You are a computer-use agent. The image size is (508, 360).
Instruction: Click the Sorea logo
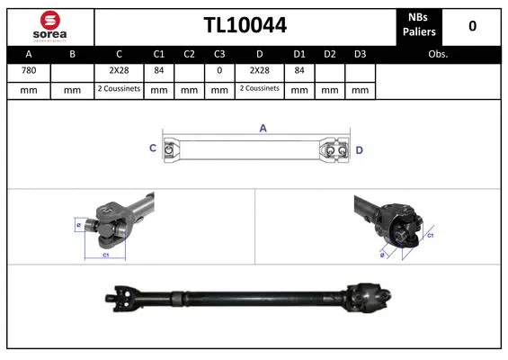49,26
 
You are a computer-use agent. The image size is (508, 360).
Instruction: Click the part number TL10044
245,26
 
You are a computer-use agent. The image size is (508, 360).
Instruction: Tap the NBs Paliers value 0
472,26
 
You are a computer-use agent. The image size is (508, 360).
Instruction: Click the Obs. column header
438,54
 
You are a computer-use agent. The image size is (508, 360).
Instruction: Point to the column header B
73,54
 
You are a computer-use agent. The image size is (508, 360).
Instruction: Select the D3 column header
360,54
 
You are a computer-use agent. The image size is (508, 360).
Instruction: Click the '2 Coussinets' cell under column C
119,90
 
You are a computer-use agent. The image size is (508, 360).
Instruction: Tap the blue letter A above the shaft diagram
263,129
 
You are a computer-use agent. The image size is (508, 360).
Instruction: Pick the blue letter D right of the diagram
359,149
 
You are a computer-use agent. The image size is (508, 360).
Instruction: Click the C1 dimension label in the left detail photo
104,256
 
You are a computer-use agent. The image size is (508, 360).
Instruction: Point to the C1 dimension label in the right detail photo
431,235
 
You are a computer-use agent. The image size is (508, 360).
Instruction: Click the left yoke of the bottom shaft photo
118,293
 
